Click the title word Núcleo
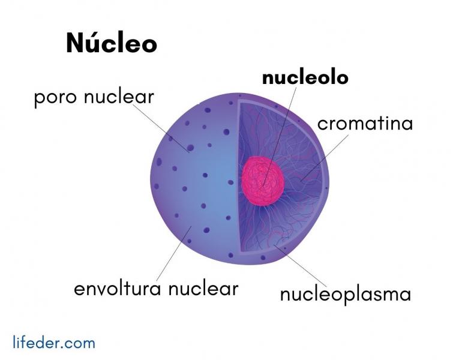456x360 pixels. (112, 43)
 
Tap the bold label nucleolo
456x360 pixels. (305, 77)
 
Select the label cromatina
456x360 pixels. (365, 124)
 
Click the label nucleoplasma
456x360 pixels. (346, 295)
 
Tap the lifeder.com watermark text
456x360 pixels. (54, 342)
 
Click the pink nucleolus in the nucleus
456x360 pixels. (263, 180)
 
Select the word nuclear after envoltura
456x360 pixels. (203, 289)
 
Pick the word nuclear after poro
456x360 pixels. (119, 97)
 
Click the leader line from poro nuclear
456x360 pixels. (161, 128)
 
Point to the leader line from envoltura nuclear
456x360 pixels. (174, 254)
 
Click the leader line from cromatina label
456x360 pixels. (324, 158)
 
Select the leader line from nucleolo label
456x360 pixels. (280, 136)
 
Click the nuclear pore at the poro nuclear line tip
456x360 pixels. (190, 148)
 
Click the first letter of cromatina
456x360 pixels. (322, 125)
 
